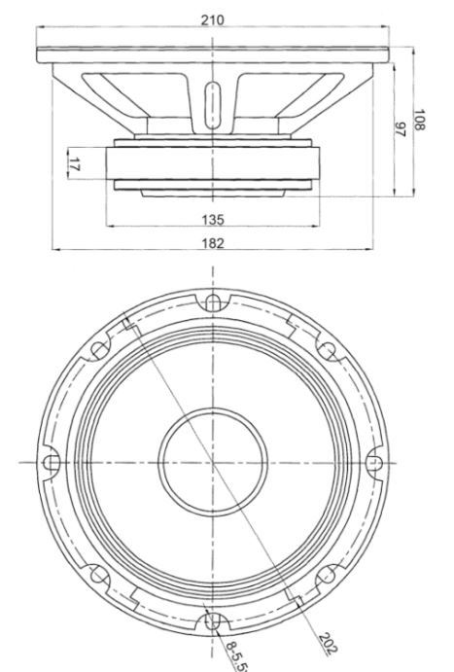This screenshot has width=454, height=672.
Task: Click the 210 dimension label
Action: point(213,19)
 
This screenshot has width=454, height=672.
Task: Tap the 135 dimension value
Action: point(213,220)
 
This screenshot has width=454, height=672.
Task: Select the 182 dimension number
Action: point(213,243)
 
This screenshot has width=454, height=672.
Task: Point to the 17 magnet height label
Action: point(74,163)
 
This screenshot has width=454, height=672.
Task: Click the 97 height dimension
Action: point(400,129)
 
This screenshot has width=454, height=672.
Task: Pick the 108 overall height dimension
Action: point(419,120)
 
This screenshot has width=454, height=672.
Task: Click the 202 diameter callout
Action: point(329,644)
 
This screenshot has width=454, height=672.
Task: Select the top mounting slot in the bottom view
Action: point(213,303)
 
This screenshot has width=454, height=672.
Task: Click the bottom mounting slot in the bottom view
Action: point(213,621)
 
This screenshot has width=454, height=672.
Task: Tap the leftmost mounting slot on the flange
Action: point(52,463)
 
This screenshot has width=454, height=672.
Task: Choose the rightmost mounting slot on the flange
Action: point(373,463)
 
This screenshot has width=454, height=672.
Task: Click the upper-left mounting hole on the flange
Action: point(100,350)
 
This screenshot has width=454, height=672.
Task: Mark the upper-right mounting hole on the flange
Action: point(328,350)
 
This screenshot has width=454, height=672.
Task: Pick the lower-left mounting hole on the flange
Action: point(99,575)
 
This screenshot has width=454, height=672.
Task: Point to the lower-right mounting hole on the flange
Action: point(328,575)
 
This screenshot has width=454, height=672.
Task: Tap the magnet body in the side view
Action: point(213,162)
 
